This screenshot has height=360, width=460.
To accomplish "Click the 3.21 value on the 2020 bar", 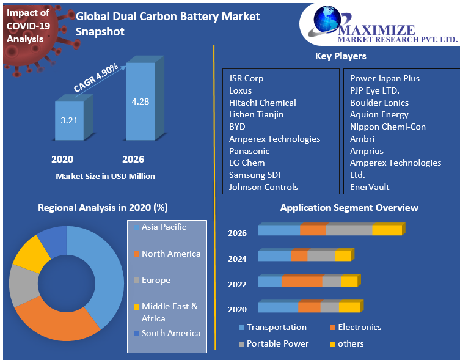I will tap(69, 120).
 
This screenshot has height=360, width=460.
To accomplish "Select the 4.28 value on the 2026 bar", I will tap(140, 101).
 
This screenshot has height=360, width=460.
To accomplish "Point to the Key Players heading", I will tap(340, 56).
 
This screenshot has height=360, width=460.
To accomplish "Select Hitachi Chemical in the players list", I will tap(262, 103).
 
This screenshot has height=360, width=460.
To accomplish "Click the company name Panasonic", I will tap(249, 151).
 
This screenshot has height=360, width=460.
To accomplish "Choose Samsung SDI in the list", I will tap(255, 175).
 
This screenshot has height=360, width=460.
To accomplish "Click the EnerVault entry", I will tap(369, 187).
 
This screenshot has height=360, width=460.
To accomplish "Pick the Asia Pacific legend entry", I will tap(164, 227).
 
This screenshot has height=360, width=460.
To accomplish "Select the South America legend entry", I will tap(170, 333).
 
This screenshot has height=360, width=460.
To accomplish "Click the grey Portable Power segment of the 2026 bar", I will tap(349, 230).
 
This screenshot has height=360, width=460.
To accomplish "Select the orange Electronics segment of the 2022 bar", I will tap(302, 282).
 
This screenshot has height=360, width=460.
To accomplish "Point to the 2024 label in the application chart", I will tap(237, 259).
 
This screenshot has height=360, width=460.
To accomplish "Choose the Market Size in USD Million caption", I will tap(105, 176).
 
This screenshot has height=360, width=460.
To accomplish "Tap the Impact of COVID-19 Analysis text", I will tap(27, 26).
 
